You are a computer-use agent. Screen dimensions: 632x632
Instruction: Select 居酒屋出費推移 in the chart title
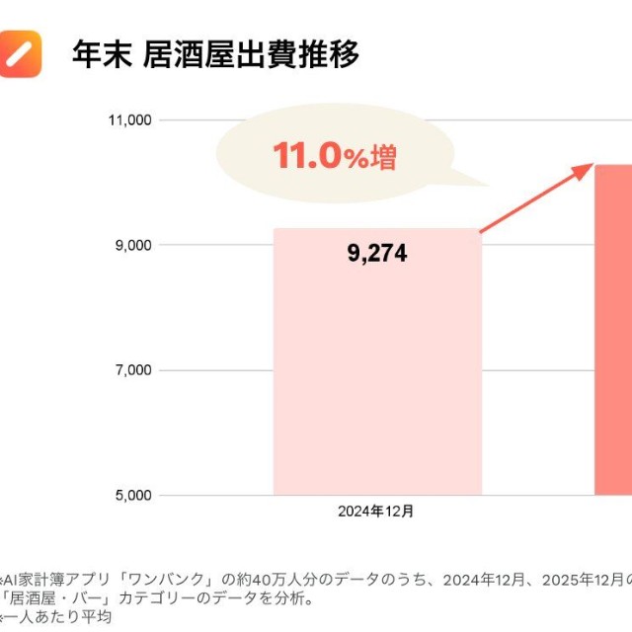coord(251,54)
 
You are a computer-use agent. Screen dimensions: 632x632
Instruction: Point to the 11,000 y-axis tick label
coord(128,120)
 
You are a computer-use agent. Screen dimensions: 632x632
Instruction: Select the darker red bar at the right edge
coord(613,336)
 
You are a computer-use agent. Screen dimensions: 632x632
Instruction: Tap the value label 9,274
coord(377,254)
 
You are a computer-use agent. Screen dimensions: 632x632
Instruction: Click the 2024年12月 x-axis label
coord(377,512)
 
